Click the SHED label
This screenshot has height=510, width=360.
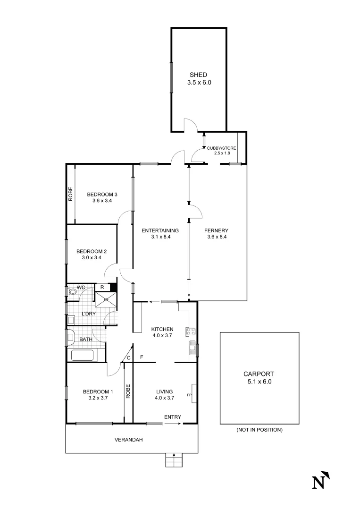click(x=198, y=75)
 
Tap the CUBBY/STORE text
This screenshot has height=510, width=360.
click(x=221, y=148)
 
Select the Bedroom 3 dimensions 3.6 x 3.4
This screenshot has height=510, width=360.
click(x=102, y=201)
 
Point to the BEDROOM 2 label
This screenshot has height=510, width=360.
click(x=92, y=251)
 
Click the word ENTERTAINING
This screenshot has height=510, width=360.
click(x=160, y=230)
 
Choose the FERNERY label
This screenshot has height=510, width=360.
click(x=216, y=230)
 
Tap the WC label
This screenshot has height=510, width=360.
click(x=82, y=287)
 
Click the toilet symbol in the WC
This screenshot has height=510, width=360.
click(x=73, y=292)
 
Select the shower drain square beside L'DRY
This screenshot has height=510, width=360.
click(x=106, y=298)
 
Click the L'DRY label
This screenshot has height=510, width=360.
click(x=89, y=314)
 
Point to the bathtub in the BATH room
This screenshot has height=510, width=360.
click(x=83, y=356)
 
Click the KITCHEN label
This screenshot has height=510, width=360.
click(x=162, y=329)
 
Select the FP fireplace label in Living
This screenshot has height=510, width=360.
click(x=189, y=395)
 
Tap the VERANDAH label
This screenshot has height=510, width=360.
click(x=128, y=440)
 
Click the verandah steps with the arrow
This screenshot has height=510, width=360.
click(x=174, y=460)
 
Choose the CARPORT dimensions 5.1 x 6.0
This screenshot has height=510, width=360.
click(x=259, y=381)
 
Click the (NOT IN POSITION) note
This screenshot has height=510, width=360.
click(x=259, y=430)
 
